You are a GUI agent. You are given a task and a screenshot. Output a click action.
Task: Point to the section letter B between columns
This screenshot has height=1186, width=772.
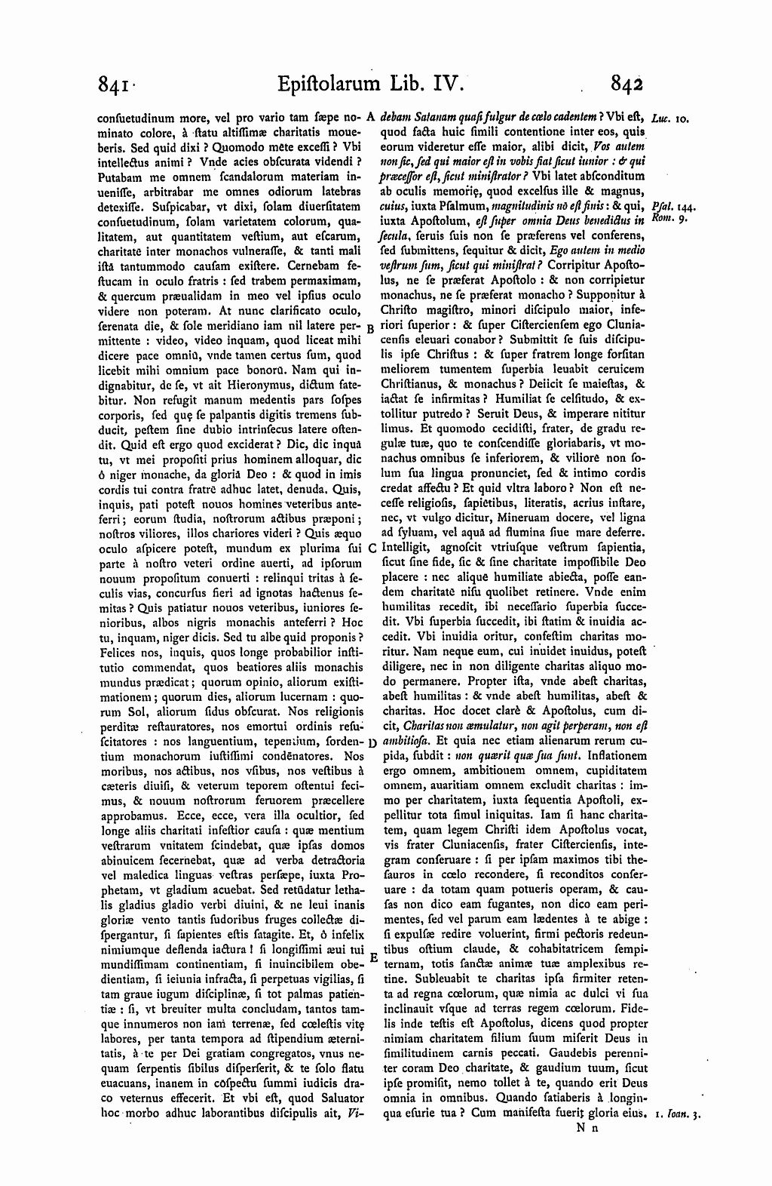tap(370, 329)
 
